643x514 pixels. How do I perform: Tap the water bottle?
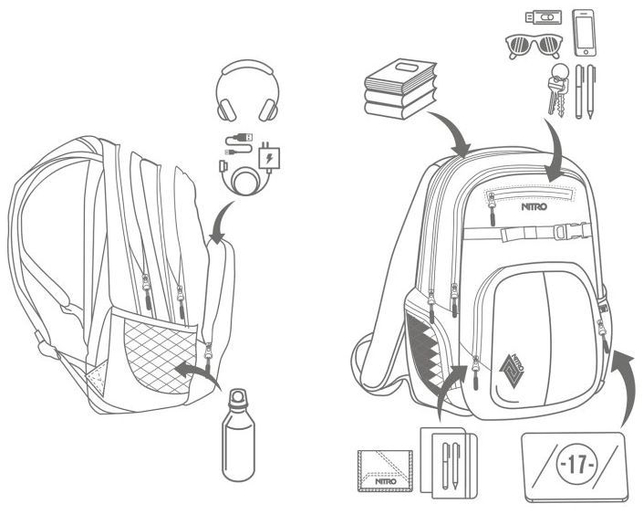coord(238,435)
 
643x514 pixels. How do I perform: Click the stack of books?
coord(399,89)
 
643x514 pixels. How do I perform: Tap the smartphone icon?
coord(584,33)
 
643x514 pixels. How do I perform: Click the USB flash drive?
coord(544,17)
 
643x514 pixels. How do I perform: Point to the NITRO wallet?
coord(385,470)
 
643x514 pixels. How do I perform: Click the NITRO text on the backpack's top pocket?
coord(534,206)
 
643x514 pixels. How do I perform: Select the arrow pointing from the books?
coord(451,130)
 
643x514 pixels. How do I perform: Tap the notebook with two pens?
coord(449,462)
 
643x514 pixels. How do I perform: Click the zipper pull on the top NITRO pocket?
coord(492,208)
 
